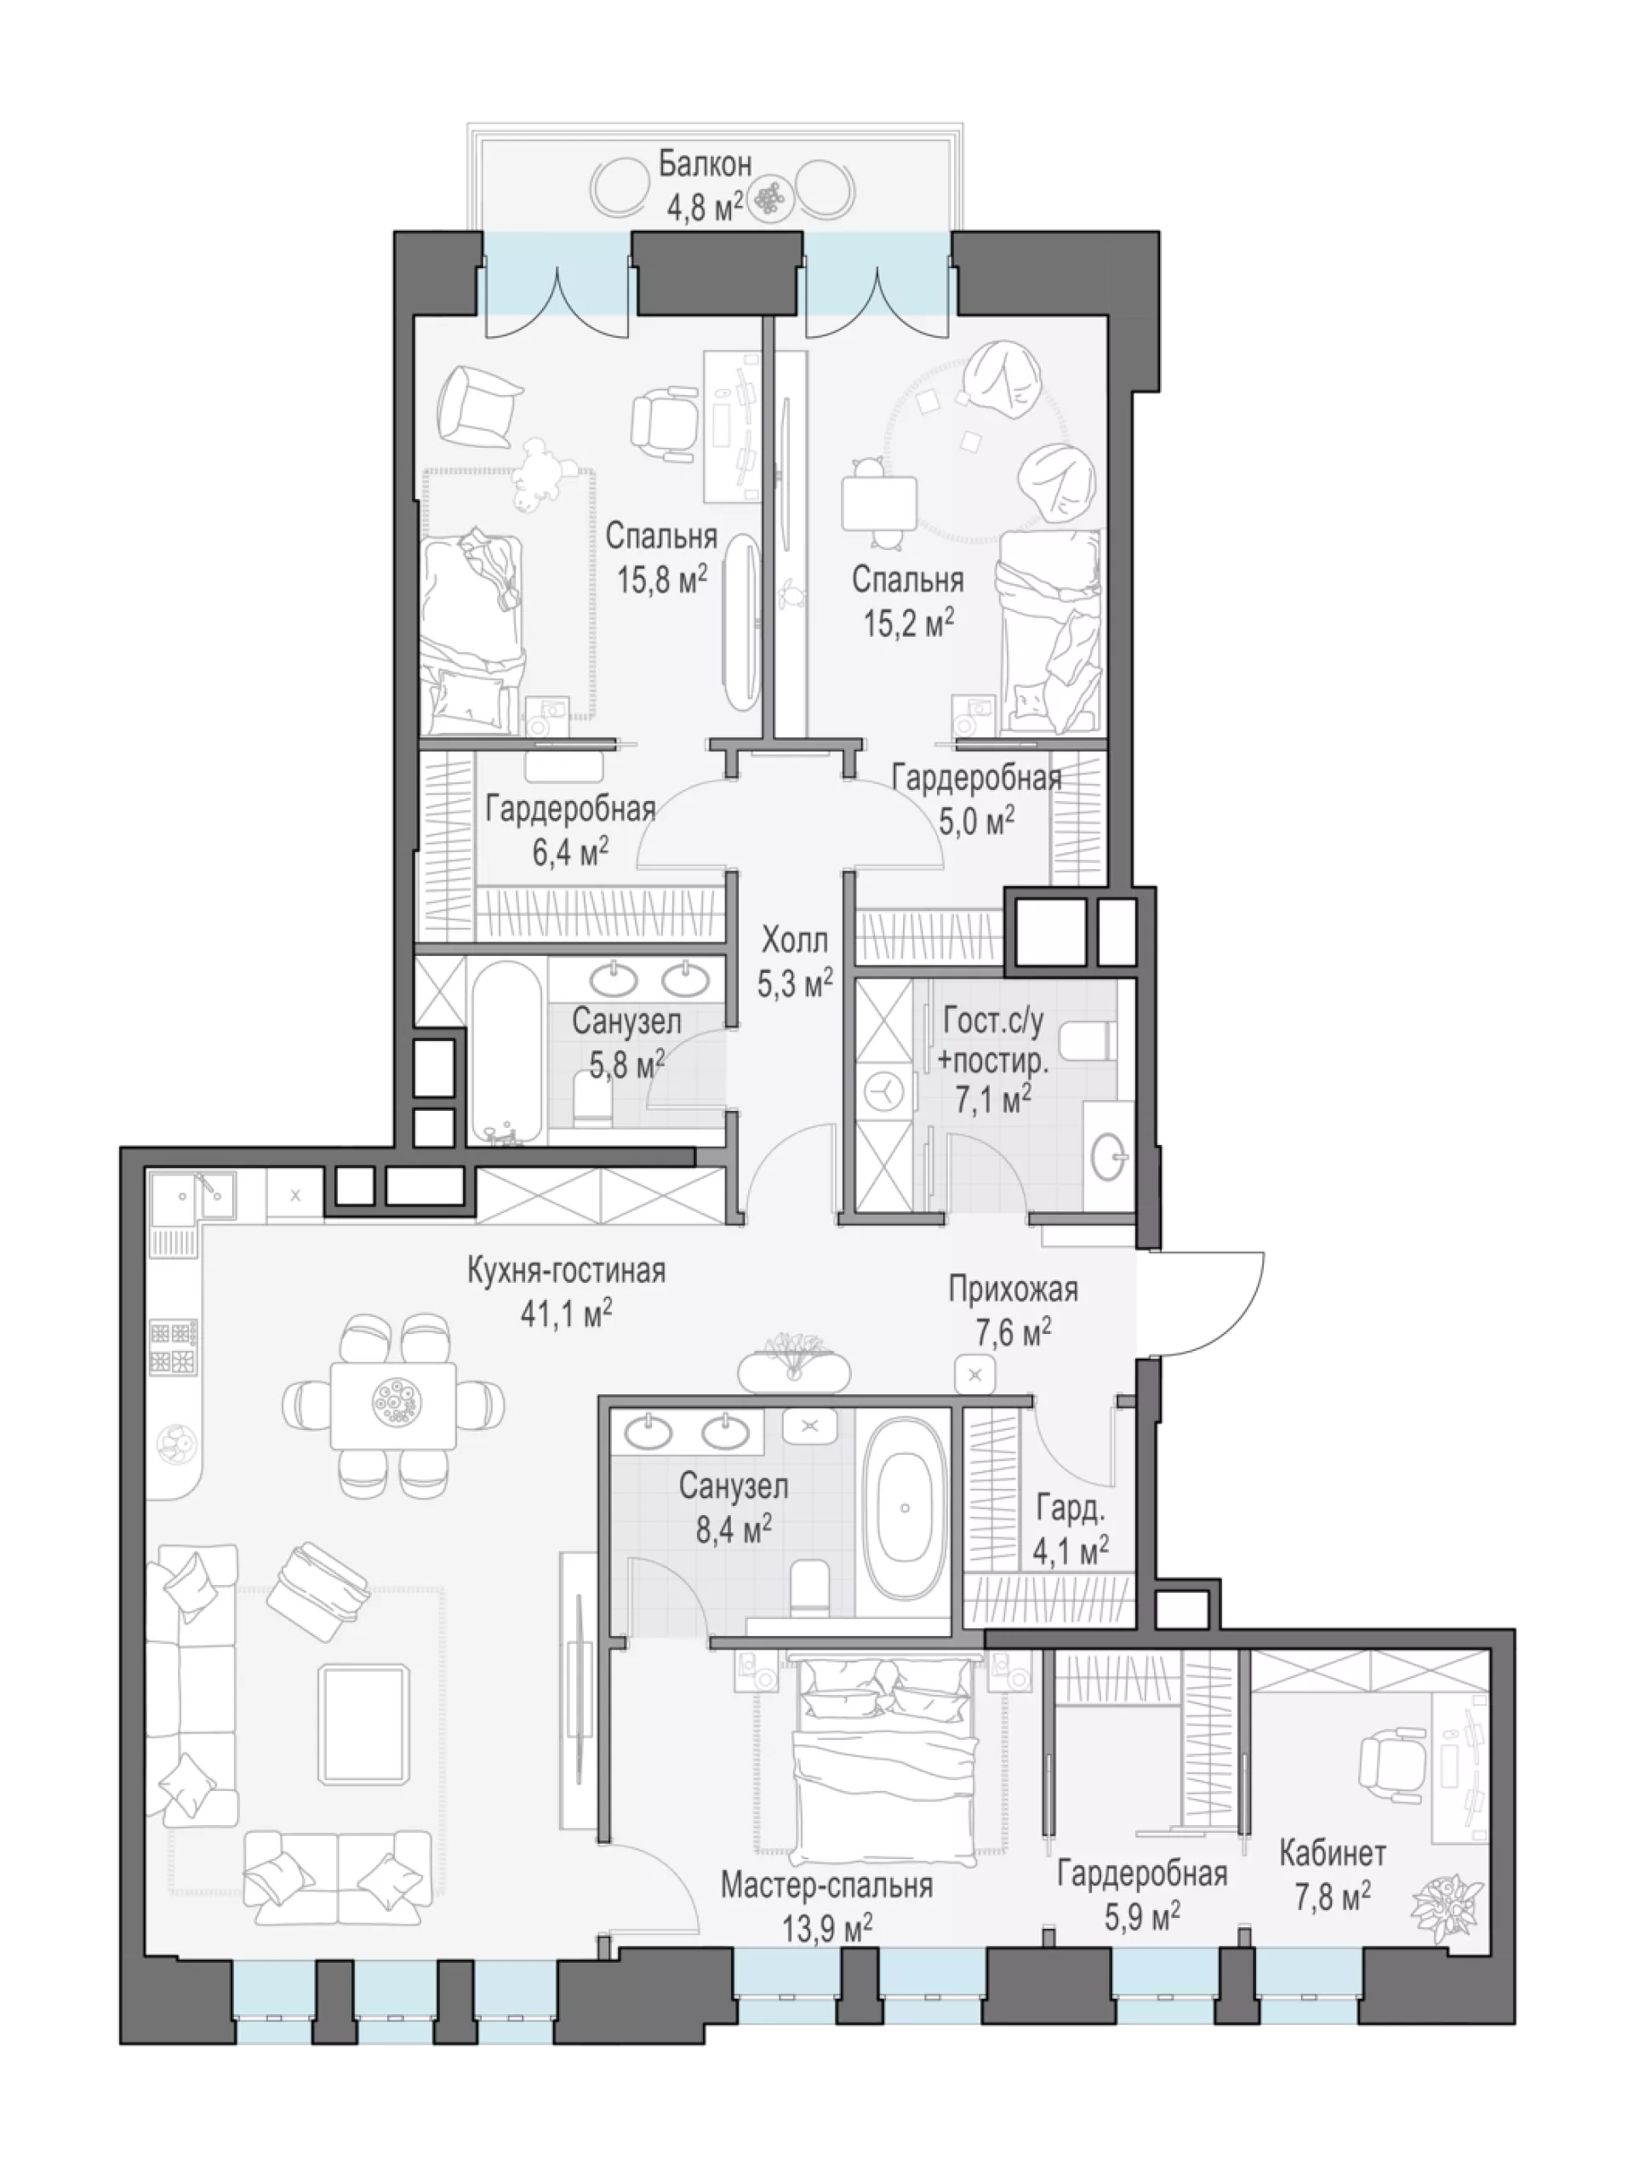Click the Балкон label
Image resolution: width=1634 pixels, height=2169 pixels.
pyautogui.click(x=704, y=163)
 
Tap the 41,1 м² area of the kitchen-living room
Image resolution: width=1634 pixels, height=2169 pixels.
pyautogui.click(x=567, y=1312)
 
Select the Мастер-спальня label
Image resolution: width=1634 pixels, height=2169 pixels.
pyautogui.click(x=826, y=1885)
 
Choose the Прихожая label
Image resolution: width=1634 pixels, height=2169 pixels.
pyautogui.click(x=1013, y=1290)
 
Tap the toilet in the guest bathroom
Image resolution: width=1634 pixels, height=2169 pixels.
pyautogui.click(x=1089, y=1041)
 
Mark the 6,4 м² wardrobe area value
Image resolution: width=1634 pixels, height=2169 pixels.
pyautogui.click(x=569, y=850)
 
